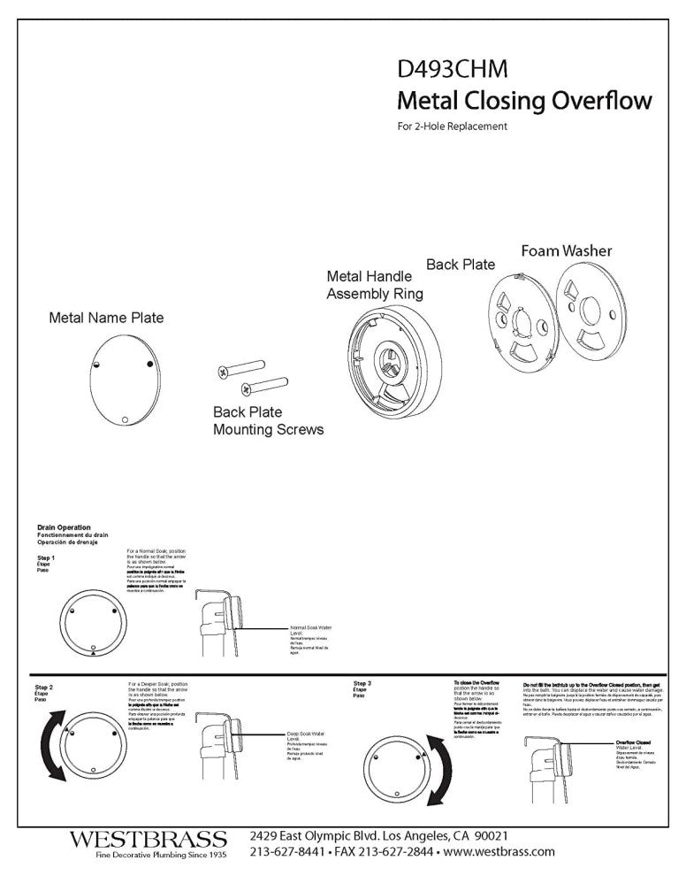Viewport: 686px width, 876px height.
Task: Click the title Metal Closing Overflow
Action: [x=525, y=100]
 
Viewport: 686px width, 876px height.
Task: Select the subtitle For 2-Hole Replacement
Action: [x=452, y=127]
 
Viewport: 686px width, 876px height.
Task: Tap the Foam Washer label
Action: [x=567, y=251]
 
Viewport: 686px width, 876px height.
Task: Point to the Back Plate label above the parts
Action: [x=461, y=265]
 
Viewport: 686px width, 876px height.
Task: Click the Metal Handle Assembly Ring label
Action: [x=375, y=285]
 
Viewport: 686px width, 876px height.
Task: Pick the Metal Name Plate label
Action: [x=105, y=317]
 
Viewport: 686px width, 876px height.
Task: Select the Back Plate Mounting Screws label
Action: [x=267, y=421]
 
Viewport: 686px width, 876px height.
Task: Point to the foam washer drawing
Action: [x=591, y=322]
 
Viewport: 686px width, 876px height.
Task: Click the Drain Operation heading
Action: [x=64, y=528]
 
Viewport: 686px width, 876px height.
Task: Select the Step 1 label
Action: [x=46, y=559]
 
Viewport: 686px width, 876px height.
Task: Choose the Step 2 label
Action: [x=44, y=688]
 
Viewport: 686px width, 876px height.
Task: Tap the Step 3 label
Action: [x=362, y=684]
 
